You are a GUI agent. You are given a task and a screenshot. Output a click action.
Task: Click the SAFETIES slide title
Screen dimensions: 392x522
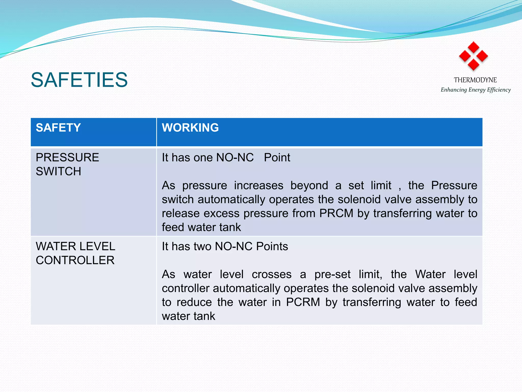79,80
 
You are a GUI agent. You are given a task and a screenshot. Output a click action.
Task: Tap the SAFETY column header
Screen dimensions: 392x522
58,127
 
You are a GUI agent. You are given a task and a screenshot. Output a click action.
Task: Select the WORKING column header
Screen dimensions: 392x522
190,127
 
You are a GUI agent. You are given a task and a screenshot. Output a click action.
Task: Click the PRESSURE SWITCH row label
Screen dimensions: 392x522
67,164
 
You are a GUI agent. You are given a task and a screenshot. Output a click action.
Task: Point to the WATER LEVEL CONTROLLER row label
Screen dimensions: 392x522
75,253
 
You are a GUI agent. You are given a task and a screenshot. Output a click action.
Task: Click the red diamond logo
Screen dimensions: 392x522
473,56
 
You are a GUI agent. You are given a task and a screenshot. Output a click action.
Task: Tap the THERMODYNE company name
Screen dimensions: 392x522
475,80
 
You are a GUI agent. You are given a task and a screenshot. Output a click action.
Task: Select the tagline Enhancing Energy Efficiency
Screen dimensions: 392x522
476,90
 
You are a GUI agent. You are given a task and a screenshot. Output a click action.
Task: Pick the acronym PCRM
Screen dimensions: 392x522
303,302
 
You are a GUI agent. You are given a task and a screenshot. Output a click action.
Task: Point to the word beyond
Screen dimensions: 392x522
309,186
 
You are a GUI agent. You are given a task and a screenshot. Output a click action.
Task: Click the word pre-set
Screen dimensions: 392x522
332,275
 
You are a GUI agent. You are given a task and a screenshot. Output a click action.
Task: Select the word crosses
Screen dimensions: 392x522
271,275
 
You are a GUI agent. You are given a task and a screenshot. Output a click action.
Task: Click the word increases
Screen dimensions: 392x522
258,186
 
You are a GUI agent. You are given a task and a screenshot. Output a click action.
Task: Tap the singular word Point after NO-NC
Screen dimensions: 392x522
277,158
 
